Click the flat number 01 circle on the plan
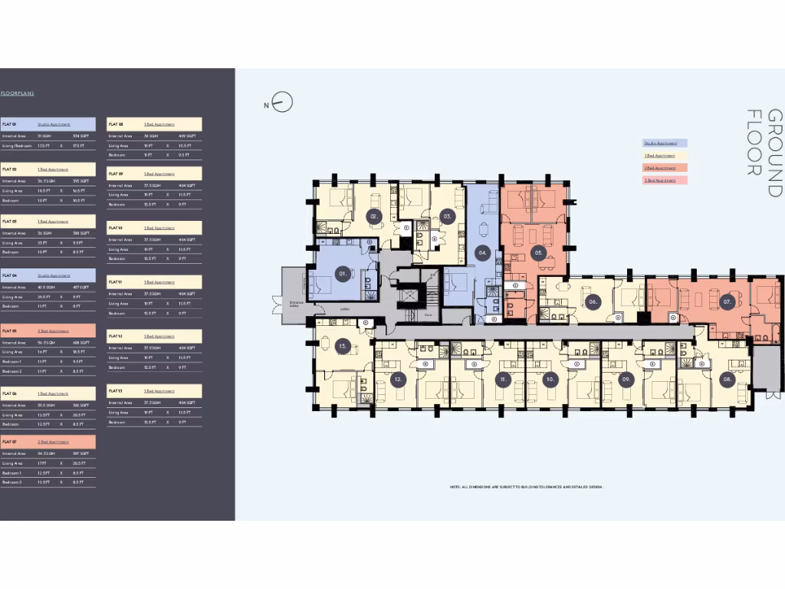(x=344, y=272)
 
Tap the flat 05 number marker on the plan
(x=539, y=251)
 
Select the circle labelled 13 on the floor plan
(x=344, y=347)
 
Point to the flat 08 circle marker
(x=727, y=379)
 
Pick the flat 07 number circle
(x=727, y=303)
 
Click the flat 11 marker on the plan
(x=503, y=379)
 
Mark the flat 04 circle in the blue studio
(x=483, y=252)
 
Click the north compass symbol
(x=282, y=103)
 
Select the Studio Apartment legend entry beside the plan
(x=664, y=143)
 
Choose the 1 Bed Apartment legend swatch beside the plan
(x=664, y=155)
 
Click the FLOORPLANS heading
(x=17, y=94)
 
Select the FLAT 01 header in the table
(x=10, y=123)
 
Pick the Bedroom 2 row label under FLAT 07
(x=12, y=482)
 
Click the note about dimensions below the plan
(x=527, y=487)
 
